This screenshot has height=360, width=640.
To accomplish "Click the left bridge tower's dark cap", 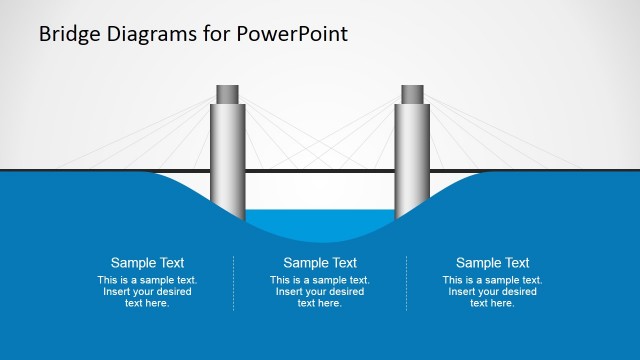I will click(228, 94).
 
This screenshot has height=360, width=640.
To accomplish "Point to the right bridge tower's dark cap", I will click(412, 94).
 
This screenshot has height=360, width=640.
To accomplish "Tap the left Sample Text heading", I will click(147, 263).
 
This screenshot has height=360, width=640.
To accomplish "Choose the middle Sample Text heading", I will click(320, 263).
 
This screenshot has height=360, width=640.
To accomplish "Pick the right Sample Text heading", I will click(493, 263).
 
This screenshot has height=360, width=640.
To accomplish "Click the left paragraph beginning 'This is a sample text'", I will click(147, 291).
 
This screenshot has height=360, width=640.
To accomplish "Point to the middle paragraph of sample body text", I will click(320, 291).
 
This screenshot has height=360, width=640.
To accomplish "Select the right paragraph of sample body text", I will click(493, 291).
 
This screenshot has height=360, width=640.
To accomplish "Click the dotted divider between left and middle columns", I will click(234, 283).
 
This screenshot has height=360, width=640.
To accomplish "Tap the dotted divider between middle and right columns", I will click(407, 283).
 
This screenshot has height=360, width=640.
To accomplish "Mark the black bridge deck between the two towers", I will click(320, 171).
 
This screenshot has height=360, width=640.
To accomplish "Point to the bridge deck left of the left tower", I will click(100, 170).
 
